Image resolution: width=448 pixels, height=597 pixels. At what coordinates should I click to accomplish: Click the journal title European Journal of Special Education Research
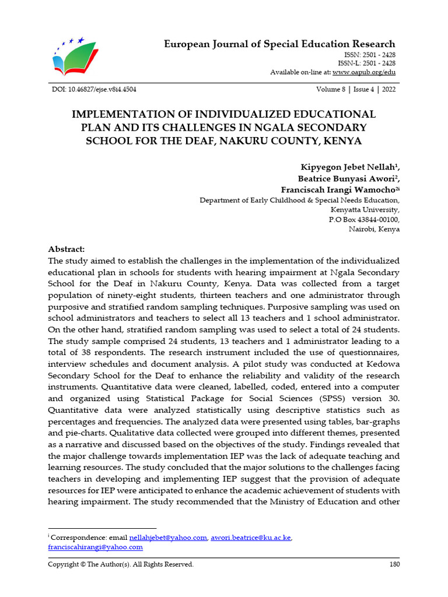click(279, 44)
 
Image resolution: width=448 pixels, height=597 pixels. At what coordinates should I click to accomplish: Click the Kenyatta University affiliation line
click(365, 210)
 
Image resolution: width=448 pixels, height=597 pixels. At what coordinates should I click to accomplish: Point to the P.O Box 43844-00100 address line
click(365, 220)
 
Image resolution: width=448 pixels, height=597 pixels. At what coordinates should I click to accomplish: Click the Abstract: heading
click(66, 248)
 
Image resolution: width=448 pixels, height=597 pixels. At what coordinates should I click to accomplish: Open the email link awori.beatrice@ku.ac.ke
click(250, 538)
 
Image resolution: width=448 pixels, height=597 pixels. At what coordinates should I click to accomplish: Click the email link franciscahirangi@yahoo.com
click(95, 547)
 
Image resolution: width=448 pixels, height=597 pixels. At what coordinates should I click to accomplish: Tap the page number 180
click(394, 564)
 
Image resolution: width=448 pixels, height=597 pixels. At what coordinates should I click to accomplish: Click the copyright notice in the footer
click(120, 564)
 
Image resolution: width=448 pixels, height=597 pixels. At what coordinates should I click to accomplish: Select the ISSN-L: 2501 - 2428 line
click(366, 63)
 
